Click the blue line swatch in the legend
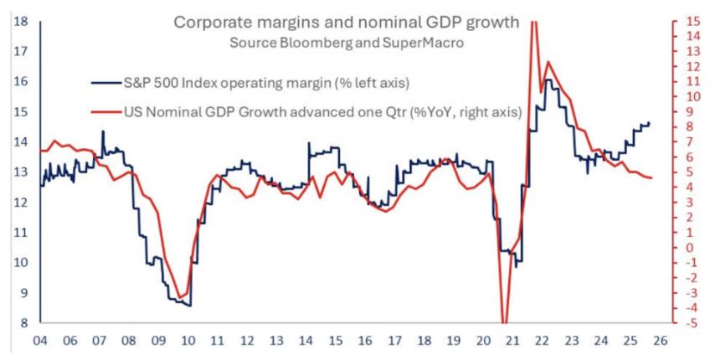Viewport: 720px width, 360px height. point(106,82)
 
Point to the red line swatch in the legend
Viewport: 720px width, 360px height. point(106,112)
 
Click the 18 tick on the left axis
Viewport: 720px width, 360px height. point(23,20)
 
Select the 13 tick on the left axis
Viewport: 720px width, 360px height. point(23,172)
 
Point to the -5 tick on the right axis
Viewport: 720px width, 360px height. point(688,323)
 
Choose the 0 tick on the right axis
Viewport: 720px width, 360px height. point(691,248)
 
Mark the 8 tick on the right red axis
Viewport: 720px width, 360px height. point(691,126)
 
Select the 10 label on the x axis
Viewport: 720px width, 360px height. point(188,342)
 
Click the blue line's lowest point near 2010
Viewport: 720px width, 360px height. point(190,306)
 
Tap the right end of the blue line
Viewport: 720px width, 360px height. point(649,123)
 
